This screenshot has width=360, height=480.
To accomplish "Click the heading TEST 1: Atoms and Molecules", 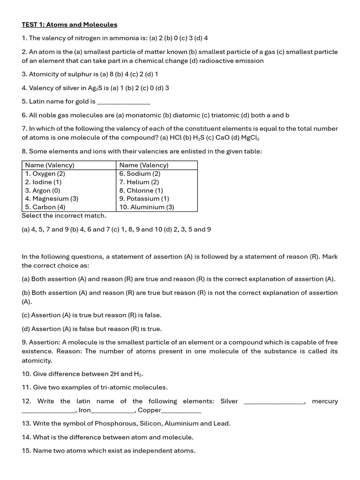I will [69, 24].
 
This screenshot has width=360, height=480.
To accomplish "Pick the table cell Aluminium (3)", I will [147, 207].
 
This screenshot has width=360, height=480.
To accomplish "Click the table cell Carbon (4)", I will [45, 207].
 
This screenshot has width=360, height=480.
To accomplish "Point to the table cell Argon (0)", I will [43, 190].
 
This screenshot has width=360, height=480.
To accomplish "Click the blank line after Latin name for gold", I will [123, 102].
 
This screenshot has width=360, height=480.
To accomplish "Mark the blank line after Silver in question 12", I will [274, 401].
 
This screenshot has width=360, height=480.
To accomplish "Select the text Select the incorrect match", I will [64, 216].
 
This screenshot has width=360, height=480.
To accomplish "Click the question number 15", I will [26, 451].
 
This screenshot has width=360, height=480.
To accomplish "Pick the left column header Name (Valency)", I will [50, 165].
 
